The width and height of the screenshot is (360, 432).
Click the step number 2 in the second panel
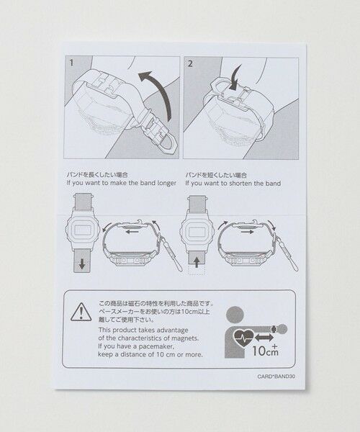[x=189, y=63]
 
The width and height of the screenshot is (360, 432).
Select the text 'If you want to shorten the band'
[x=233, y=184]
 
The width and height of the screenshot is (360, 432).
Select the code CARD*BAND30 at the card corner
[x=276, y=376]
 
